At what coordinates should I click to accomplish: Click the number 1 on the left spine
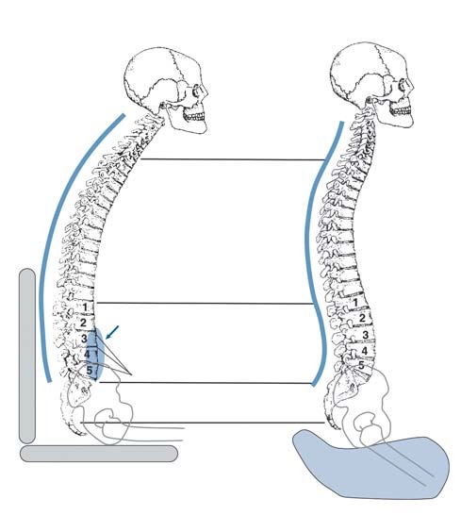(85, 307)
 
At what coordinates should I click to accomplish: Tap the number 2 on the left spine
(83, 323)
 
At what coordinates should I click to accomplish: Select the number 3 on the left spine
(85, 339)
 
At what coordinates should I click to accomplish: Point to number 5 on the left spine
(90, 370)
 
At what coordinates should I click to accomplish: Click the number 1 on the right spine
(355, 302)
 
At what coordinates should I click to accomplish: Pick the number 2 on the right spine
(362, 318)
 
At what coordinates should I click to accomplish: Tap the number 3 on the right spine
(366, 335)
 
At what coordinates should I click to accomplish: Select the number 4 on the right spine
(365, 351)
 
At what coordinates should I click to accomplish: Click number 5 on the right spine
(361, 365)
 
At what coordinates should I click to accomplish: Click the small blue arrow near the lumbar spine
(112, 332)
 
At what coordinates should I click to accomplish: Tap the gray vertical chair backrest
(27, 356)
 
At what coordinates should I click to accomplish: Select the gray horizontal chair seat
(99, 454)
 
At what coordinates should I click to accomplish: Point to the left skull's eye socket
(197, 90)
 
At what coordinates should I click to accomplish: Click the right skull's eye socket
(403, 86)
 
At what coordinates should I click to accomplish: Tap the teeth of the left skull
(194, 116)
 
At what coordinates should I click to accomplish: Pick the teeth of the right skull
(401, 111)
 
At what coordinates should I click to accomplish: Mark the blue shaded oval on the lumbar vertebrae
(95, 356)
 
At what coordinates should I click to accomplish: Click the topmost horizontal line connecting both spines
(232, 159)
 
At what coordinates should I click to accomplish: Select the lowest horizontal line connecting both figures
(203, 423)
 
